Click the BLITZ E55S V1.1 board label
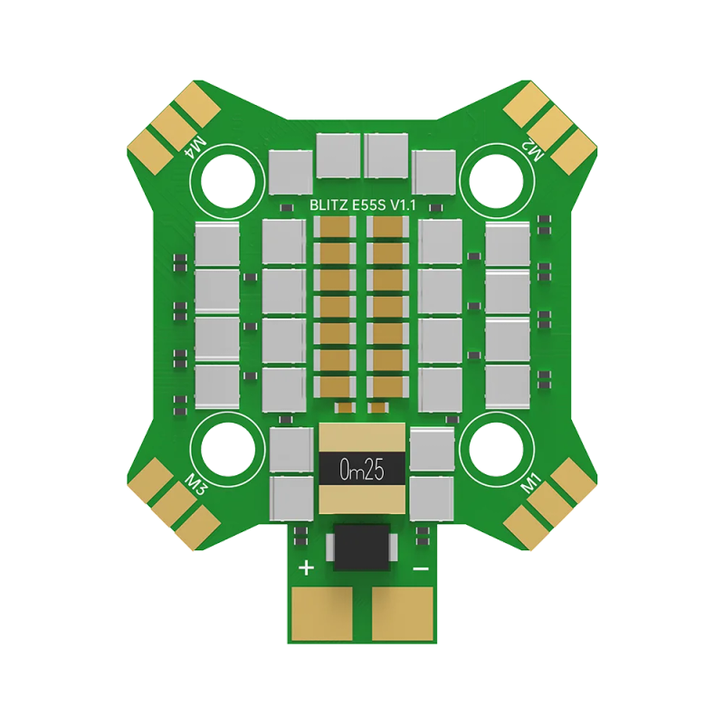pyautogui.click(x=362, y=206)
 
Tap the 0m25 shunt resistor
pyautogui.click(x=362, y=469)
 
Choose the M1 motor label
pyautogui.click(x=531, y=486)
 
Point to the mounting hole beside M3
pyautogui.click(x=227, y=450)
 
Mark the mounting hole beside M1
pyautogui.click(x=497, y=450)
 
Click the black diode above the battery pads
pyautogui.click(x=362, y=546)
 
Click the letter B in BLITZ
pyautogui.click(x=312, y=206)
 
